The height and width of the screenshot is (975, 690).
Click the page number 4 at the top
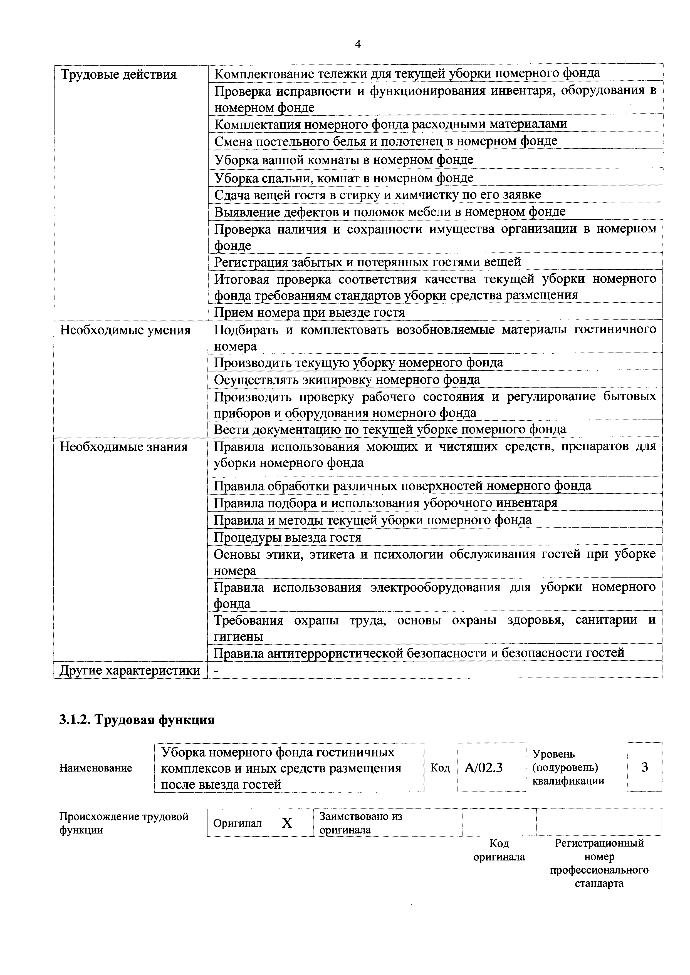coord(357,44)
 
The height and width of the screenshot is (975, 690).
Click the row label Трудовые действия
coord(118,75)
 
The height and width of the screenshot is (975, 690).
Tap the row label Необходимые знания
coord(124,447)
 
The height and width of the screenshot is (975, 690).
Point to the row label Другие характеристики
coord(130,670)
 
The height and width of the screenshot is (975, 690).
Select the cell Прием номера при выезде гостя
coord(309,312)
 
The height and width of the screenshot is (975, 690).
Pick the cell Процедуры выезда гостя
coord(287,537)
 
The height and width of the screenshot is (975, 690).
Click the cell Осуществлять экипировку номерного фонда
coord(347,379)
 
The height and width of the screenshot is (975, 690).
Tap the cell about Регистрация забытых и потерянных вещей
coord(367,262)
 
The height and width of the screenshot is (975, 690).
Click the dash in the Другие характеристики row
coord(217,670)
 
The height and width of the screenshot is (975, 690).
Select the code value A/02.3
coord(484,767)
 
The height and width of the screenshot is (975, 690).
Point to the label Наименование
coord(96,768)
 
